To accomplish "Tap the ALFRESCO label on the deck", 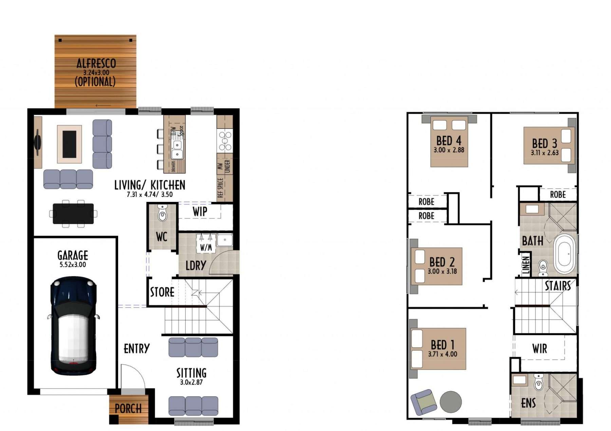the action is pyautogui.click(x=96, y=63).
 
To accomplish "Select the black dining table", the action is pyautogui.click(x=73, y=213).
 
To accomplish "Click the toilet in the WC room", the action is pyautogui.click(x=163, y=213).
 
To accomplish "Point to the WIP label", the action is pyautogui.click(x=200, y=211).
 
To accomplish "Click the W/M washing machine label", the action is pyautogui.click(x=206, y=247).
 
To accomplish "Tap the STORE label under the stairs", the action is pyautogui.click(x=162, y=292).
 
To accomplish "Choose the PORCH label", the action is pyautogui.click(x=128, y=409).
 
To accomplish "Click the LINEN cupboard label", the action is pyautogui.click(x=526, y=265).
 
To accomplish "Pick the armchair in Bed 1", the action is pyautogui.click(x=423, y=402).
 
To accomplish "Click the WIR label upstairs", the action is pyautogui.click(x=539, y=349).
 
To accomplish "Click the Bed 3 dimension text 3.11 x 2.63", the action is pyautogui.click(x=545, y=153).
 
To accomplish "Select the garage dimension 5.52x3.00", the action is pyautogui.click(x=73, y=265).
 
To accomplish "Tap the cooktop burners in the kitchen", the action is pyautogui.click(x=225, y=141).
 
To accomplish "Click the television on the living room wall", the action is pyautogui.click(x=38, y=142).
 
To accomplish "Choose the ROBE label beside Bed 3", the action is pyautogui.click(x=558, y=194).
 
